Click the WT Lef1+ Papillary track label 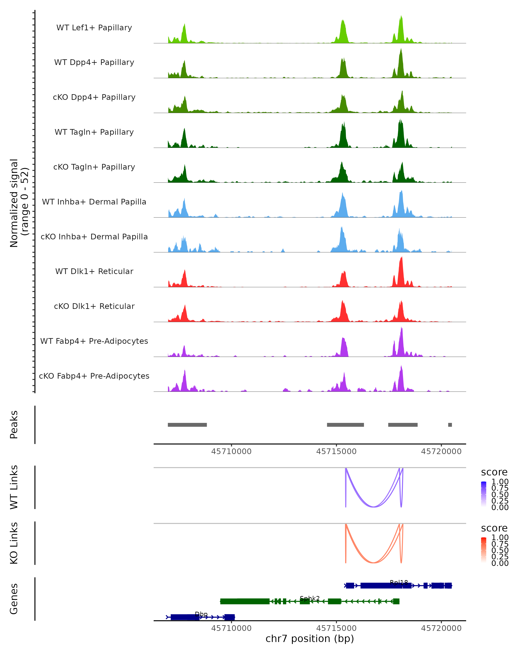(x=94, y=28)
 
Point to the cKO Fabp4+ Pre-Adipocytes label (x=94, y=376)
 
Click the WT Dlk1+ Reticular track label (x=94, y=271)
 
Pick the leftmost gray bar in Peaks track (x=187, y=425)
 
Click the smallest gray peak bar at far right (x=450, y=425)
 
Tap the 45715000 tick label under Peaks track (x=336, y=451)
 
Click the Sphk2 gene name (x=310, y=598)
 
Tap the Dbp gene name (x=201, y=614)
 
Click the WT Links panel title (x=14, y=487)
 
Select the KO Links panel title (x=14, y=543)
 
